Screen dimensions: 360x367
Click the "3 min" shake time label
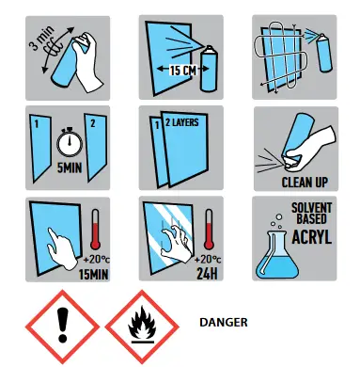41,39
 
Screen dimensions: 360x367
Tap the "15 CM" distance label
182,70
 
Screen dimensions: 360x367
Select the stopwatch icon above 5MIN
70,144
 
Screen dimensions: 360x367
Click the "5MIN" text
70,168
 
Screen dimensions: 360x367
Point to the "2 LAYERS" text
182,122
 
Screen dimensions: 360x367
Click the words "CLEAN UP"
305,183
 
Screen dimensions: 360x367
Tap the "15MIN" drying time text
93,275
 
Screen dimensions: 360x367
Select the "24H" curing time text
207,274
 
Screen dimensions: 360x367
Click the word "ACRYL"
312,236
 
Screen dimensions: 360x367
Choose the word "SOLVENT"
312,208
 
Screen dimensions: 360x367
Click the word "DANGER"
224,322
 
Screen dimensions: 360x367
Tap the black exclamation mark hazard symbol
63,325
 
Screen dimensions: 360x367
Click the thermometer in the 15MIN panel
95,230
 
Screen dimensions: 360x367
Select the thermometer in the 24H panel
209,230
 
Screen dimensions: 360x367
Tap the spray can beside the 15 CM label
210,69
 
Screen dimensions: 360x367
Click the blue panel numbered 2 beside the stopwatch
95,148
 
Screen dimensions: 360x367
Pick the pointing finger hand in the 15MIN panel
61,248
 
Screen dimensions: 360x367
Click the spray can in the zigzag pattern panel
324,54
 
